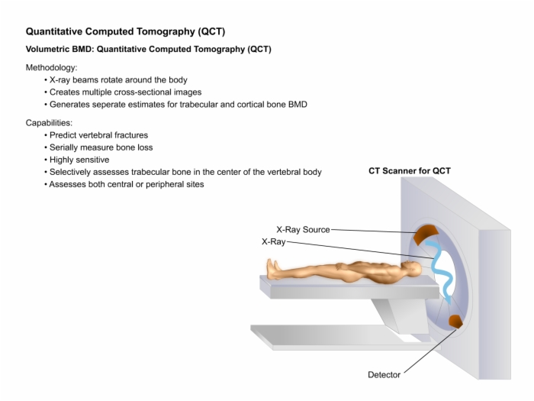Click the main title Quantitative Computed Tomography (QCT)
(x=125, y=31)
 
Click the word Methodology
(x=51, y=67)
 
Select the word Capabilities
(x=49, y=123)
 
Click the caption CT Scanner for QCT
(x=410, y=171)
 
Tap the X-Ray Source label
(x=303, y=229)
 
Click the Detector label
(x=384, y=375)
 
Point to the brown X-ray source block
(x=426, y=234)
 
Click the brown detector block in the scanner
(x=455, y=322)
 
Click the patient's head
(x=413, y=268)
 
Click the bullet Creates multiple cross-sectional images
(x=126, y=92)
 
